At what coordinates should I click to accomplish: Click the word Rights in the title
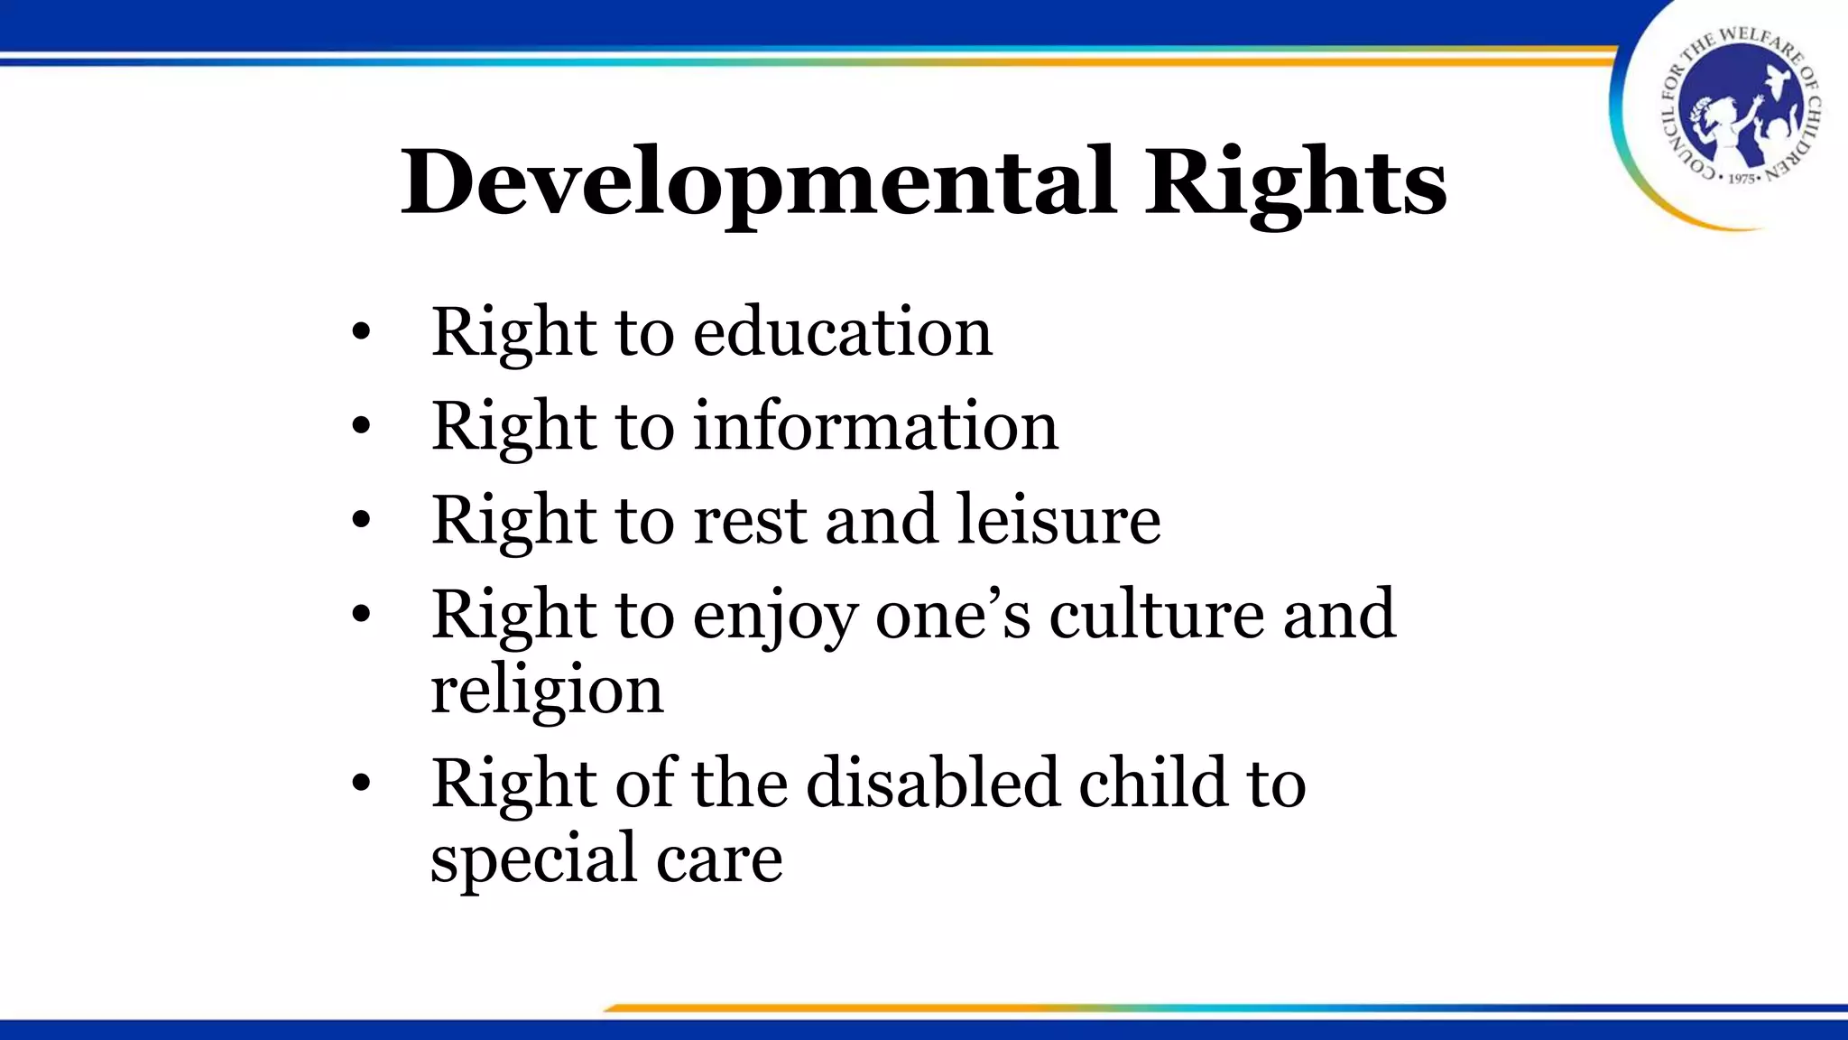1296,183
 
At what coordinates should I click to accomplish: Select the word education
843,332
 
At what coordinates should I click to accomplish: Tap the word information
875,426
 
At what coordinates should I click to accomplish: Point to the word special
531,859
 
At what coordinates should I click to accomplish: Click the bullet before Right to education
361,333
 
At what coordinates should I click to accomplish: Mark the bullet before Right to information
361,427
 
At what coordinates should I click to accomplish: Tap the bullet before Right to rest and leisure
361,521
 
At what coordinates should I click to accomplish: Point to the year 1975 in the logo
1742,179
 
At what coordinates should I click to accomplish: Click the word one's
953,614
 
